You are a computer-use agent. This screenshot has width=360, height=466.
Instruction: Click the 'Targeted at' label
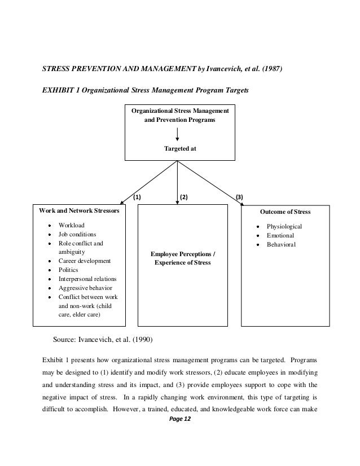(x=178, y=149)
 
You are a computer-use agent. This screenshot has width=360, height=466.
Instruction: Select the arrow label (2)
(x=183, y=197)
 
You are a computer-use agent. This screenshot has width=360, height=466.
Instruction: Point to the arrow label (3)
(x=239, y=197)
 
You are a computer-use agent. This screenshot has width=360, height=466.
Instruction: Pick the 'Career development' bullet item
(x=85, y=261)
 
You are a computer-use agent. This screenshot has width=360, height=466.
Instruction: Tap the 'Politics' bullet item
(x=69, y=270)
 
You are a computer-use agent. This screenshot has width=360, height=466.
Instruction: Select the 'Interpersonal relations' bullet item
(x=87, y=279)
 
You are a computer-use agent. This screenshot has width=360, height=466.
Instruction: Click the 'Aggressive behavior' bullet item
(x=85, y=288)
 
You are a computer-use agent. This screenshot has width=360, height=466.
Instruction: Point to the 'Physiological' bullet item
(x=284, y=226)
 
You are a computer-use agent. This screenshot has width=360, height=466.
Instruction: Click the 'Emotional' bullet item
(x=280, y=235)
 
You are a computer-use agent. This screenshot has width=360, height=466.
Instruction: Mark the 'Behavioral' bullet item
(x=281, y=244)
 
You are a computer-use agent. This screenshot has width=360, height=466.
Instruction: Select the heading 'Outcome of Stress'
(x=285, y=212)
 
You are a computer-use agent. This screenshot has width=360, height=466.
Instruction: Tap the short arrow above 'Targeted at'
(x=178, y=134)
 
